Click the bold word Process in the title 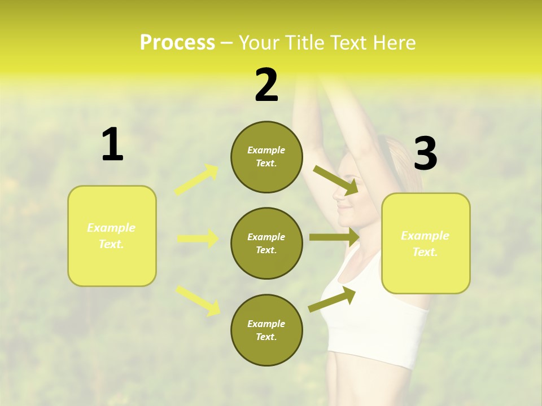tap(177, 43)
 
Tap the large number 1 tap(112, 144)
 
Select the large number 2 tap(266, 85)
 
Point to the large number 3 tap(425, 154)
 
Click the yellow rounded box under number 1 tap(112, 236)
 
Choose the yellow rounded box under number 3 tap(426, 244)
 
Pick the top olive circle tap(266, 157)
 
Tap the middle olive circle tap(266, 243)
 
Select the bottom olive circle tap(266, 330)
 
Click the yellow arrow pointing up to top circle tap(197, 180)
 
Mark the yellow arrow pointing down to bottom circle tap(198, 301)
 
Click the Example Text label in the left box tap(112, 236)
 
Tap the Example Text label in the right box tap(426, 244)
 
